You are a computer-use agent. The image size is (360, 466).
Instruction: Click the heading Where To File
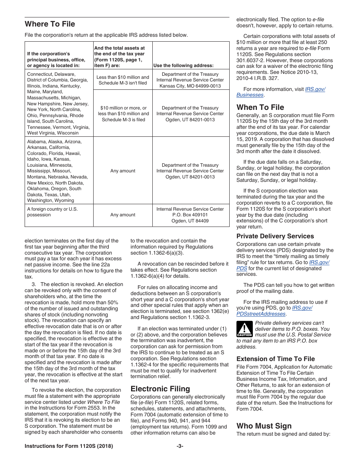click(x=50, y=24)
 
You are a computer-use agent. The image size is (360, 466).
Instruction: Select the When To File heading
click(x=260, y=107)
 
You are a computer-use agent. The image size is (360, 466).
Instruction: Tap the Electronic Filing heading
click(x=160, y=389)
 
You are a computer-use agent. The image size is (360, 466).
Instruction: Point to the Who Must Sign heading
click(x=264, y=426)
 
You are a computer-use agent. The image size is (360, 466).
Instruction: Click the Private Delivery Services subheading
click(x=275, y=236)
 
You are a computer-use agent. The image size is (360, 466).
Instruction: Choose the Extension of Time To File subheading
click(x=275, y=359)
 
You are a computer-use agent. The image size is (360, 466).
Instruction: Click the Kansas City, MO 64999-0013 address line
click(x=190, y=86)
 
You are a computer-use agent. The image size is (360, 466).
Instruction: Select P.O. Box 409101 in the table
click(x=190, y=215)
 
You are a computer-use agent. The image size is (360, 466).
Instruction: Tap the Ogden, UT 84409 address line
click(x=190, y=221)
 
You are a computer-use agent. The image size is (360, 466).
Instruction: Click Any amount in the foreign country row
click(x=122, y=215)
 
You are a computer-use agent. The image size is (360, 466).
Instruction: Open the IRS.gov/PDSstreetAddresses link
click(x=261, y=314)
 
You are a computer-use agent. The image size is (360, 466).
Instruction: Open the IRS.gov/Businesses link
click(x=250, y=95)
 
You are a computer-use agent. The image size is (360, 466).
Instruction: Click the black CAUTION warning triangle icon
click(x=244, y=328)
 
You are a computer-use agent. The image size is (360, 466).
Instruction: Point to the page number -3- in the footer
click(x=180, y=446)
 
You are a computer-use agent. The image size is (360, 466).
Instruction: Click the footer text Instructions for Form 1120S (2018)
click(x=69, y=446)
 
